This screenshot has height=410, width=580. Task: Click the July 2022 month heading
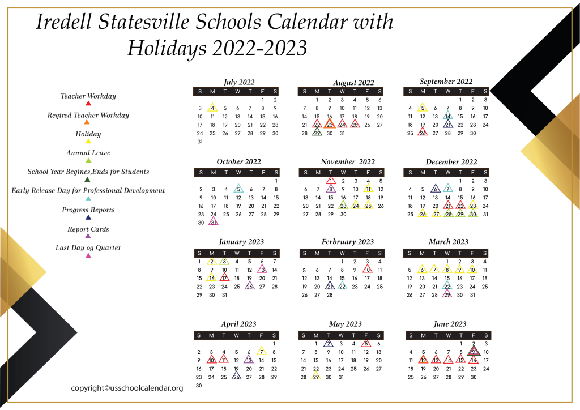pos(240,82)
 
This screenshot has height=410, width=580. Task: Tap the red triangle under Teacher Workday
pos(88,104)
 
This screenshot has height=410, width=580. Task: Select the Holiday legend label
pos(88,134)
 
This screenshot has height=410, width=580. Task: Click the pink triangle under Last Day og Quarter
pos(88,256)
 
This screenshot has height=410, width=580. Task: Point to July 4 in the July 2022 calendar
pos(212,108)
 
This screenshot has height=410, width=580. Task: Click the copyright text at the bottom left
pos(127,388)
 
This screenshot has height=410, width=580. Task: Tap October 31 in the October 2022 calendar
pos(213,223)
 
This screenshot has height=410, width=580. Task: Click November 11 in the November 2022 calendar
pos(368,189)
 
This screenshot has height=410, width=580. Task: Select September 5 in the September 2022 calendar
pos(423,108)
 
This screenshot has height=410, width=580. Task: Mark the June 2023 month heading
pos(450,324)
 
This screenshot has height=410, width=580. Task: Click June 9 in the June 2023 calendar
pos(474,352)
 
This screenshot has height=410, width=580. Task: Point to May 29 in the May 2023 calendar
pos(316,377)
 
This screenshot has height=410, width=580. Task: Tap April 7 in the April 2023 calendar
pos(261,352)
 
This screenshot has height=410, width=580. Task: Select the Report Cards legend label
pos(88,229)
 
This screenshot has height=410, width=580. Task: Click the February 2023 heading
pos(348,242)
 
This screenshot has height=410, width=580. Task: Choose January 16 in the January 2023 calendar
pos(211,278)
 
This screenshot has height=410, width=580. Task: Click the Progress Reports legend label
pos(88,210)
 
